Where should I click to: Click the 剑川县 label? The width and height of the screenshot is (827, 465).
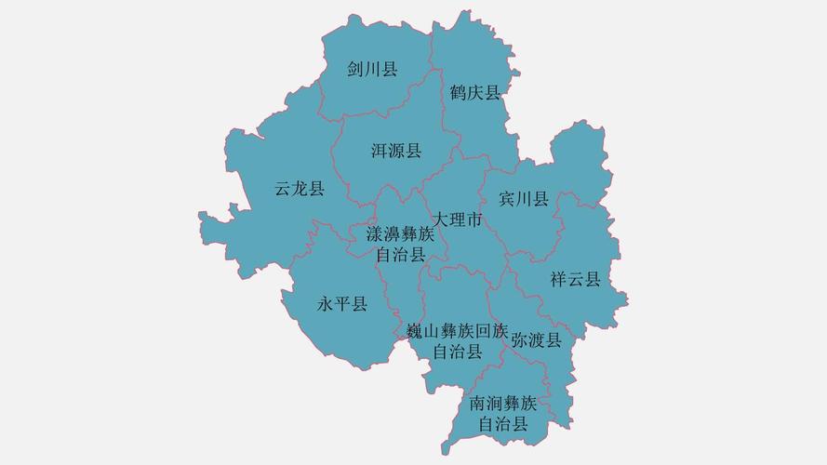pos(372,69)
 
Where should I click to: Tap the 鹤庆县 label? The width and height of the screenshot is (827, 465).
pos(474,91)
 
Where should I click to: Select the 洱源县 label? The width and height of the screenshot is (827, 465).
pos(396,151)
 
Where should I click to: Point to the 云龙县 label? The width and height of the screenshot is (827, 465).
pos(300,189)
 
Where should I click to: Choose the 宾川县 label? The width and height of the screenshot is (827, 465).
pos(524,199)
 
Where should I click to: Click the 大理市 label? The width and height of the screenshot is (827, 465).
pos(457,220)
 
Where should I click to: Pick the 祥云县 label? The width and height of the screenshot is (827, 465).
pos(575,279)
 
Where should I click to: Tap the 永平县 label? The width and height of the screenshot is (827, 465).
pos(342,304)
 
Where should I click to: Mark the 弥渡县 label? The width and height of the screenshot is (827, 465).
pos(536,339)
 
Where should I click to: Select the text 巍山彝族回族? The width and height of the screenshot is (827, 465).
pos(458,331)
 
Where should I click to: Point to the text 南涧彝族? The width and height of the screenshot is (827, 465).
pos(503,404)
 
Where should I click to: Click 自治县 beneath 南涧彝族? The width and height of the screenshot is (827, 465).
pos(503,424)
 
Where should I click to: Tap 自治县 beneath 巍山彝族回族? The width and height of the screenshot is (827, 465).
pos(458,352)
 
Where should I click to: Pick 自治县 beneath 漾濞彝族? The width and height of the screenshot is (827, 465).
pos(401,254)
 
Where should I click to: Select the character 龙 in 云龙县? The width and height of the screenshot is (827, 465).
pos(300,189)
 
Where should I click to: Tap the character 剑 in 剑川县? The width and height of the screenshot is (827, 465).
pos(355,69)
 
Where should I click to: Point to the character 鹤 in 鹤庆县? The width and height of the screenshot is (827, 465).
pos(458,91)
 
